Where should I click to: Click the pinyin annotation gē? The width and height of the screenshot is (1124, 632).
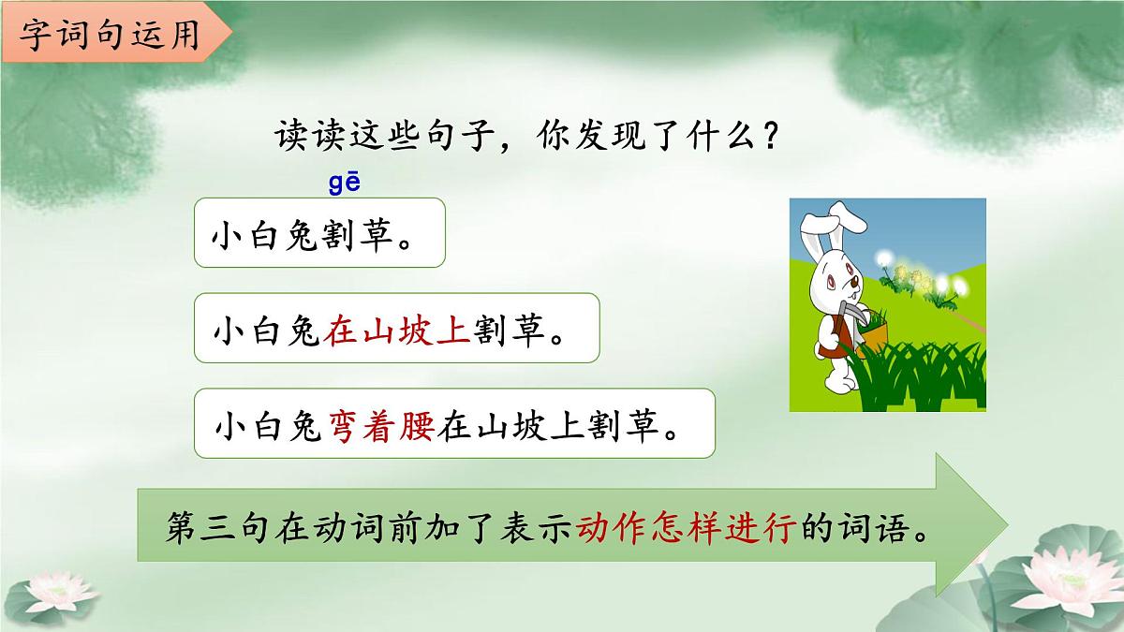click(x=344, y=183)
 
